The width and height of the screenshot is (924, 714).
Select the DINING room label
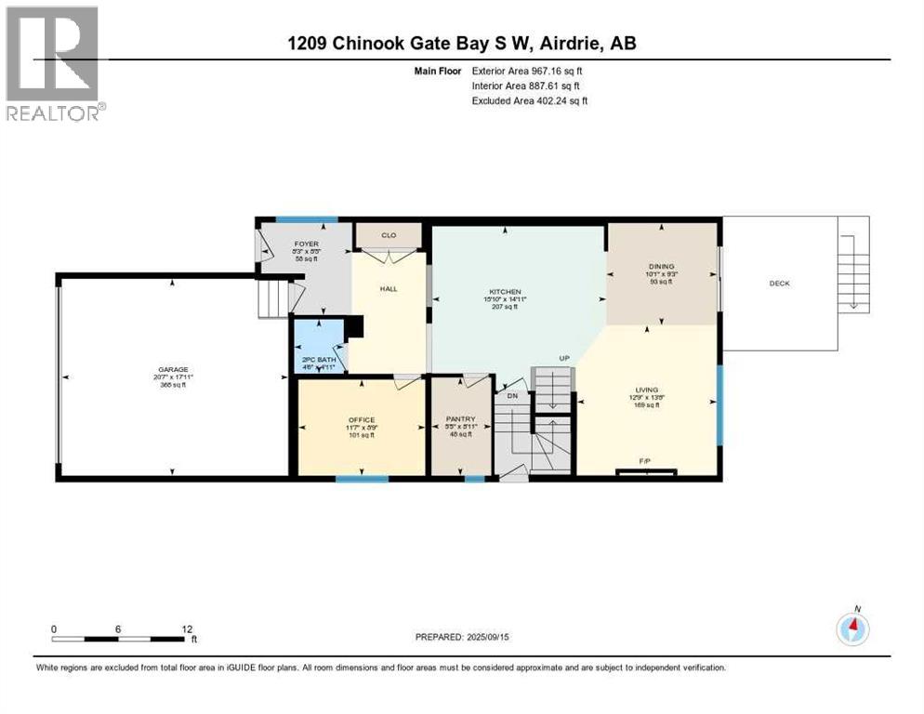(661, 266)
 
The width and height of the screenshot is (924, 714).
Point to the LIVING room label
(647, 390)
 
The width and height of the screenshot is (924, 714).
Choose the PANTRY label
(461, 419)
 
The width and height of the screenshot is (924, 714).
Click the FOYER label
(280, 245)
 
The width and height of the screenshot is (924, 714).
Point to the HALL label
(388, 289)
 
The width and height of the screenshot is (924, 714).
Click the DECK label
(779, 284)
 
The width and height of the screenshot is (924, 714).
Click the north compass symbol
(852, 628)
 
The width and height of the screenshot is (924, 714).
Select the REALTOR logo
(55, 62)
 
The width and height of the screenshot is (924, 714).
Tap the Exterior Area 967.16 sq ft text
(528, 71)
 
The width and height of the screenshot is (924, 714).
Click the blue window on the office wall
(362, 479)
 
